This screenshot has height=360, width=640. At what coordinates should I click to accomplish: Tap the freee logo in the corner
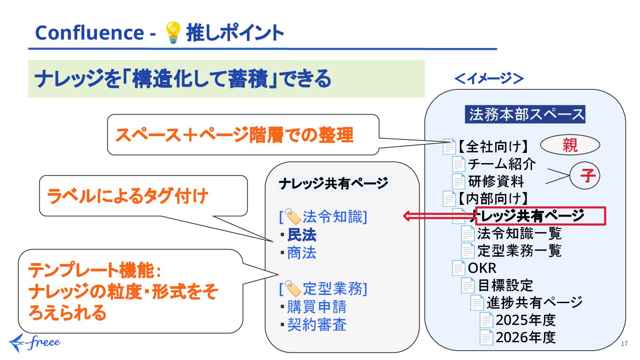[35, 342]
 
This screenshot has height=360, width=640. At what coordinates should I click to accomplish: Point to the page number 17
[624, 344]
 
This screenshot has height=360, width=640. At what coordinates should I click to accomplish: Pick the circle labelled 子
[584, 176]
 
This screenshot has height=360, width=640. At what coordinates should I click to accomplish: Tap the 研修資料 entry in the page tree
[496, 181]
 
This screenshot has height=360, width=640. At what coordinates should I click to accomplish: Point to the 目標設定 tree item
[505, 284]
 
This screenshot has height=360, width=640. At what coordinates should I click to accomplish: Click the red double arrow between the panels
[438, 216]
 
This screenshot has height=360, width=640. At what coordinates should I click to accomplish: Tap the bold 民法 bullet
[302, 235]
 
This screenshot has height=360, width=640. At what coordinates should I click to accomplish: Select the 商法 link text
[302, 253]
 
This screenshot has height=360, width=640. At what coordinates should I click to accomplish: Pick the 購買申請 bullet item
[316, 307]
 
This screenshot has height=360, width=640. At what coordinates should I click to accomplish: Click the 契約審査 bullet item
[316, 325]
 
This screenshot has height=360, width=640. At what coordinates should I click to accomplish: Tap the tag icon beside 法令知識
[293, 217]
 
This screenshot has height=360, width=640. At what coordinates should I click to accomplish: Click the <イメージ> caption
[488, 79]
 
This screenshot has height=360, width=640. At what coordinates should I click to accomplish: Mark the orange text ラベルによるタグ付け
[127, 196]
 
